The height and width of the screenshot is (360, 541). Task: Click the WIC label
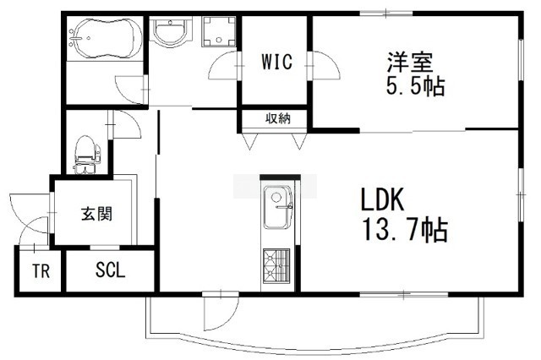point(277,62)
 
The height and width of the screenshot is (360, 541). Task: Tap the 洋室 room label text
point(410,62)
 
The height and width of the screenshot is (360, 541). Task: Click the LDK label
point(382,200)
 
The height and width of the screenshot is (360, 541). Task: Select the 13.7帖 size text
point(404,230)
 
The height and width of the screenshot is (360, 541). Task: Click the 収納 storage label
point(278,118)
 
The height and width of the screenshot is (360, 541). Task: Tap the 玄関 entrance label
point(97,214)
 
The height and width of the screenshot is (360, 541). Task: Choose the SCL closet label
point(110,270)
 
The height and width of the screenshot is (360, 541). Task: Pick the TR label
point(41,271)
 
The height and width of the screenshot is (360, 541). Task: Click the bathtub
point(105,39)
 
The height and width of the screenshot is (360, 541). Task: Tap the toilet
point(87,154)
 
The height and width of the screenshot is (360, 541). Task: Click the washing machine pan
point(219,31)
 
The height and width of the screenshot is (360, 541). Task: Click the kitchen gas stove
point(276,265)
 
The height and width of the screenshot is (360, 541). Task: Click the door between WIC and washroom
point(224,66)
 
